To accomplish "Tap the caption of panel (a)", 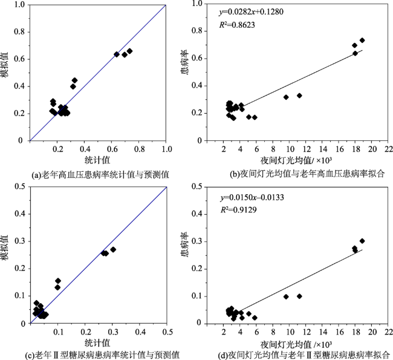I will point(89,174).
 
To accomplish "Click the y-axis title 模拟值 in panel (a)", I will point(5,65).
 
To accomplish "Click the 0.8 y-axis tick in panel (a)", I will point(19,31).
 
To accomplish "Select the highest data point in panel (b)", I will point(362,41).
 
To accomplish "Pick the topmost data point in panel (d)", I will point(362,241).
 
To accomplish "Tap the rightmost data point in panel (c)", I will point(113,249).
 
